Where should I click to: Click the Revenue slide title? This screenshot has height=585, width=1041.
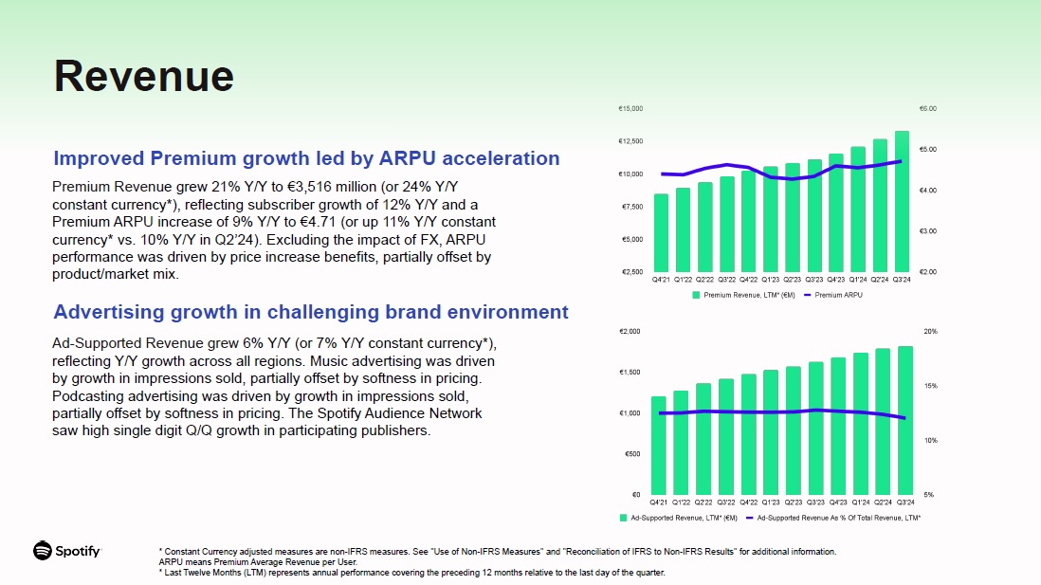143,76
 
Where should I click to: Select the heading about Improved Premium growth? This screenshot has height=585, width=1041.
306,158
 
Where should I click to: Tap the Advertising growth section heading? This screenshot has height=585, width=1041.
311,312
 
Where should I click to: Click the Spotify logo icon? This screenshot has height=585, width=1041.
43,551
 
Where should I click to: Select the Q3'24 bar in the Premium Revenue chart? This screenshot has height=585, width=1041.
902,201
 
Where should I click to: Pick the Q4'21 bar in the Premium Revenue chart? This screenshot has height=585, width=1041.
661,232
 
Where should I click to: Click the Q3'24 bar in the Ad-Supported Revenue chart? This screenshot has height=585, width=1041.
905,420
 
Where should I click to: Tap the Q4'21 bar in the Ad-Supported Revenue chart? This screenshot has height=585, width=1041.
658,446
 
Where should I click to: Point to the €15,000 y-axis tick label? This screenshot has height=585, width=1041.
630,109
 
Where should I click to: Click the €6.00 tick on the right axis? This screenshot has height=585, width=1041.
927,109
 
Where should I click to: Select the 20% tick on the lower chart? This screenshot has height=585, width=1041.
930,332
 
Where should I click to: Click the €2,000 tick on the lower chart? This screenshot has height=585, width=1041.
630,332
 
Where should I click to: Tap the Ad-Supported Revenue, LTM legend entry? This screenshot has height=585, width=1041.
683,518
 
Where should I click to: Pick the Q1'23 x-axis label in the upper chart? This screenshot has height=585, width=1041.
770,280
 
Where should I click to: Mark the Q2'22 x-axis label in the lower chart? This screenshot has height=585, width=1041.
703,503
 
